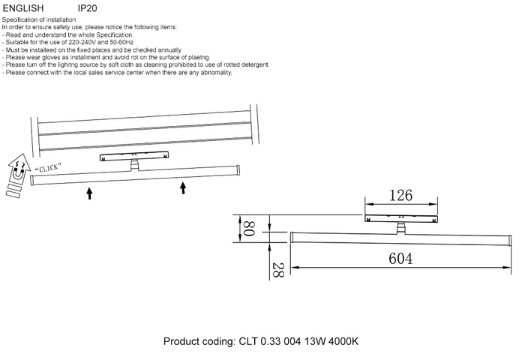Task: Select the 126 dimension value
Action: pyautogui.click(x=400, y=196)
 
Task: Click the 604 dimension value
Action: pyautogui.click(x=402, y=258)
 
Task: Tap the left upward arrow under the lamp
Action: pyautogui.click(x=89, y=193)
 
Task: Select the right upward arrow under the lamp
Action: pyautogui.click(x=182, y=186)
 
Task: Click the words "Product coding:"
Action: pyautogui.click(x=199, y=341)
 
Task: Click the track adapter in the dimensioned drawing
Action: pyautogui.click(x=400, y=218)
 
